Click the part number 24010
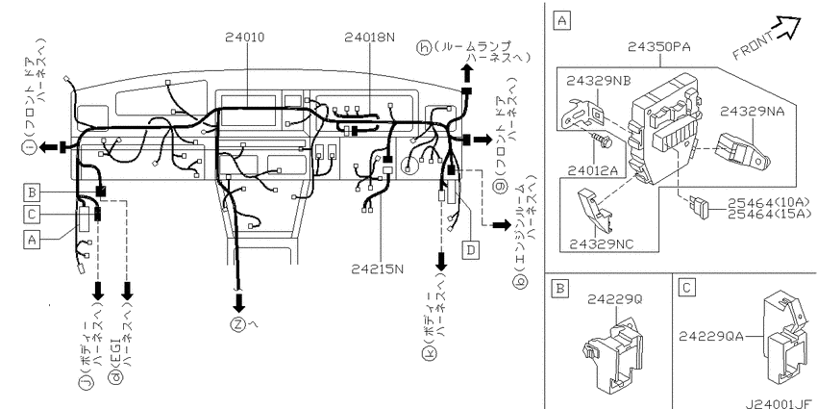(244, 38)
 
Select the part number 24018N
(369, 38)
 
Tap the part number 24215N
(378, 269)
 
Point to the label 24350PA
(658, 47)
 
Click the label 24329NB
(598, 81)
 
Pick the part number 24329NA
(752, 111)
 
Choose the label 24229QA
(711, 337)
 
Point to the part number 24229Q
(615, 299)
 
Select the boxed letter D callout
(471, 251)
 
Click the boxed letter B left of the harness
(33, 193)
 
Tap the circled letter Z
(237, 324)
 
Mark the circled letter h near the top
(425, 48)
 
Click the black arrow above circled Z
(239, 301)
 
